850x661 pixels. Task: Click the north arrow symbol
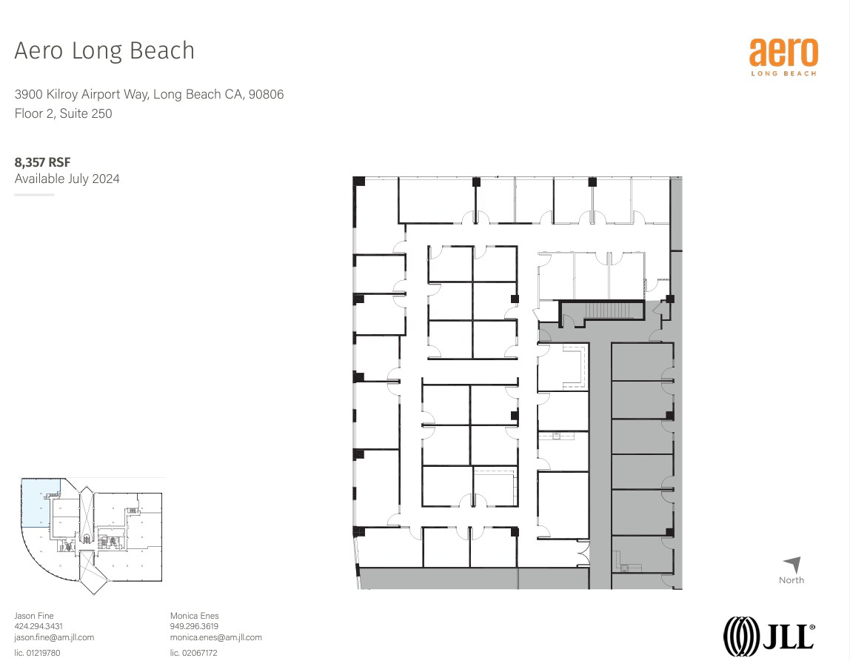792,565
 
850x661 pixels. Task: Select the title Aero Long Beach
104,50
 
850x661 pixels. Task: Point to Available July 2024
67,179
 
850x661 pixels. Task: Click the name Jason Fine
34,616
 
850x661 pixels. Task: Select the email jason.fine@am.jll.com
54,637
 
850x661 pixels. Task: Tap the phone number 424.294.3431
39,626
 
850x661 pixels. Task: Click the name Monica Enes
194,616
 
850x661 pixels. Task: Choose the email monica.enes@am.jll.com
215,637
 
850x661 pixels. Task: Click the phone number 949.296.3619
195,626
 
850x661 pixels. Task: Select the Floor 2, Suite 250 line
63,113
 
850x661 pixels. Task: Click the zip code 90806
267,94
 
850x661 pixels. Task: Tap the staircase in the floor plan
606,310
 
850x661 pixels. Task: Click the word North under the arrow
791,580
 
